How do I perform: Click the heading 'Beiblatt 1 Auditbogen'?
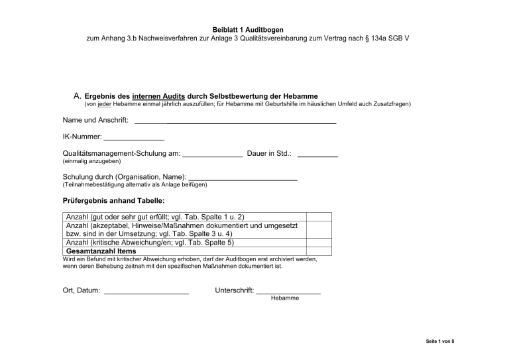pyautogui.click(x=254, y=30)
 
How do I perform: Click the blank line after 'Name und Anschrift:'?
pyautogui.click(x=235, y=122)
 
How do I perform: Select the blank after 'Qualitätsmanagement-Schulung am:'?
pyautogui.click(x=212, y=154)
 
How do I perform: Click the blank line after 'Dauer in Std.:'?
pyautogui.click(x=317, y=154)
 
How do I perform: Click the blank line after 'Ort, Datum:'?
pyautogui.click(x=146, y=292)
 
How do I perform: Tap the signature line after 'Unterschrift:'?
pyautogui.click(x=288, y=292)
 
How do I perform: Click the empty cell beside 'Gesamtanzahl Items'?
pyautogui.click(x=318, y=252)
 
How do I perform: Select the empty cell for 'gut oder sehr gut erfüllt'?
pyautogui.click(x=318, y=217)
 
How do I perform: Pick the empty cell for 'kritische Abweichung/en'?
pyautogui.click(x=318, y=243)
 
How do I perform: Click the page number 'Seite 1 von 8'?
pyautogui.click(x=439, y=341)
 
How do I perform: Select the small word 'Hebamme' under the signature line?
pyautogui.click(x=285, y=298)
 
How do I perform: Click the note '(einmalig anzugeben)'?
pyautogui.click(x=91, y=161)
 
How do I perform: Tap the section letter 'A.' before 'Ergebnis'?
pyautogui.click(x=77, y=96)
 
